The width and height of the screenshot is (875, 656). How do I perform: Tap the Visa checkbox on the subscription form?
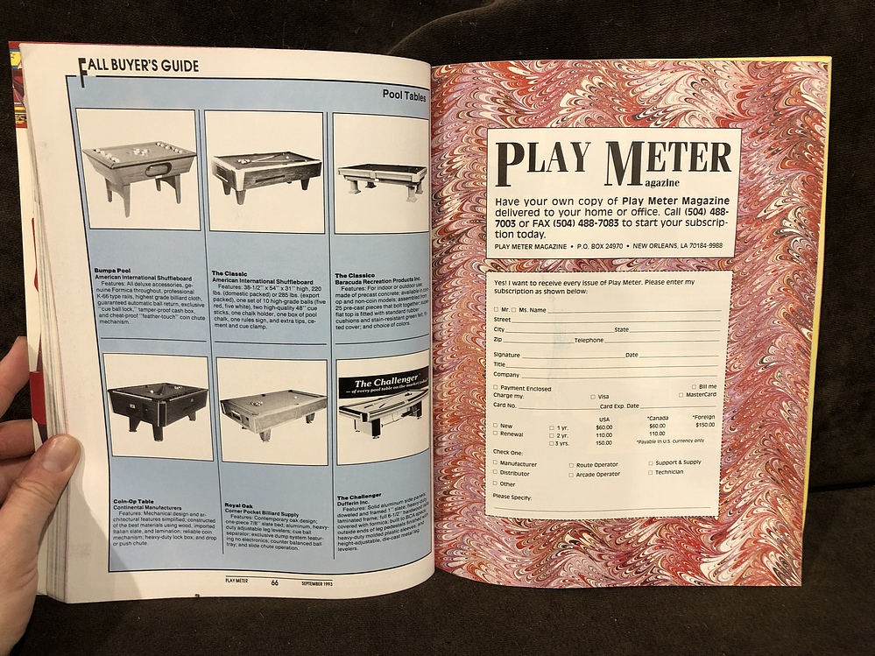coord(593,396)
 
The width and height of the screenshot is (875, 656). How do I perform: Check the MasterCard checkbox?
coord(681,395)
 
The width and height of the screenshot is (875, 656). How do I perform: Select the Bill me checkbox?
coord(693,386)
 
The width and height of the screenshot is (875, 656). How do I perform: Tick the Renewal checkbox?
coord(496,434)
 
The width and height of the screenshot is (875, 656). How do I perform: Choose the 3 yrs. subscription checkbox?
coord(552,444)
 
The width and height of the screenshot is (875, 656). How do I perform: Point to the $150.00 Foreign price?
coord(705,425)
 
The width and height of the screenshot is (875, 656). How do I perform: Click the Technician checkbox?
coord(651,472)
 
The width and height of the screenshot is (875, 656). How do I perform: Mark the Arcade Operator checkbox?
coord(571,475)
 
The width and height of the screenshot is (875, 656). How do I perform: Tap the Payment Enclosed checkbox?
coord(496,388)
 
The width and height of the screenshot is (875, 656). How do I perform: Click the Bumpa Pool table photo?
coord(138,171)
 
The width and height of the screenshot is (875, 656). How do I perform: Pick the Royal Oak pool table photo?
coord(273,412)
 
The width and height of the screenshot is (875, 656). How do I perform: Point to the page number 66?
coord(274,582)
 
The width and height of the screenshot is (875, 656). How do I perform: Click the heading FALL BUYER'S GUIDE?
coord(139,66)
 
